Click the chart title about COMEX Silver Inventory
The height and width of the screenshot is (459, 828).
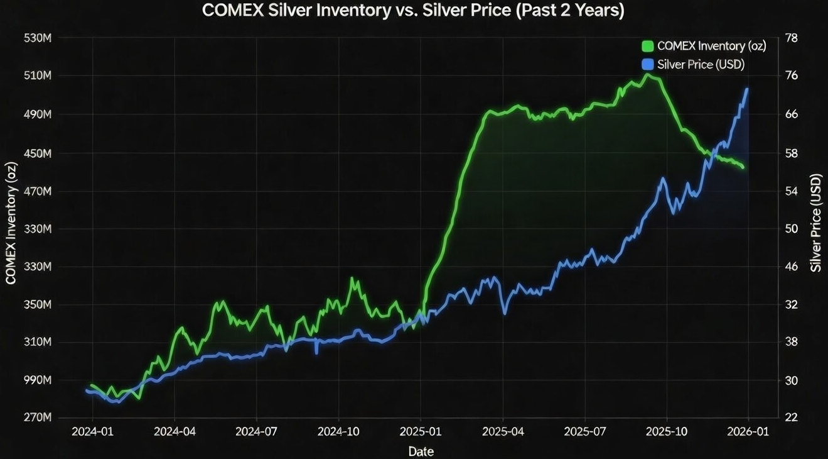pyautogui.click(x=413, y=11)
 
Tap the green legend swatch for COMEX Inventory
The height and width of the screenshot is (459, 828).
pyautogui.click(x=648, y=46)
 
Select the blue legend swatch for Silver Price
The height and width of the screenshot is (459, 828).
pyautogui.click(x=648, y=64)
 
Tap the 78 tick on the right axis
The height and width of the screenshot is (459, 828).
pyautogui.click(x=791, y=38)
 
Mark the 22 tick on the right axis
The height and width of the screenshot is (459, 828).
pyautogui.click(x=791, y=418)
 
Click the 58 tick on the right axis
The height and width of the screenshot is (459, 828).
pyautogui.click(x=791, y=153)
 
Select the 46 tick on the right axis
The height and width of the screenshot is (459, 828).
pyautogui.click(x=791, y=267)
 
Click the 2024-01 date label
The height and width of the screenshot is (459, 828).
pyautogui.click(x=93, y=432)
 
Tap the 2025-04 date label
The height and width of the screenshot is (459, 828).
pyautogui.click(x=503, y=432)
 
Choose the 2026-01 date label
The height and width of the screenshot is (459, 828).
pyautogui.click(x=748, y=432)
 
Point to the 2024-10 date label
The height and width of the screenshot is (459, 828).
pyautogui.click(x=339, y=432)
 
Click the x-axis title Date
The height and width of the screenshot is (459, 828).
pyautogui.click(x=421, y=451)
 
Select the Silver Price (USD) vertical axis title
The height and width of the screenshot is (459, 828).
pyautogui.click(x=815, y=223)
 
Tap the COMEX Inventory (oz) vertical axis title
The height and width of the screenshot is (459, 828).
pyautogui.click(x=11, y=223)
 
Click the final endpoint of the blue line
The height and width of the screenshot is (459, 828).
pyautogui.click(x=747, y=89)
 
